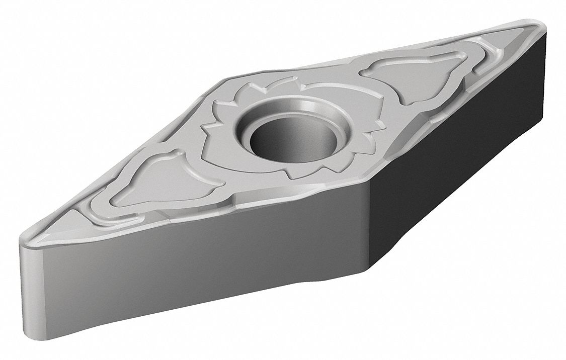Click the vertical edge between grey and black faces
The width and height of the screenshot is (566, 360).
point(370,226)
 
